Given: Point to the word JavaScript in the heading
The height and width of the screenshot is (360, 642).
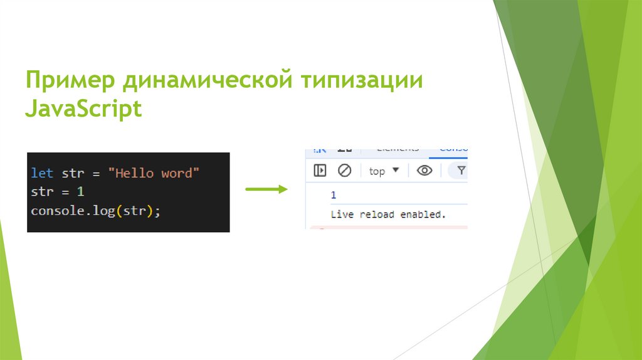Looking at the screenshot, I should (83, 109).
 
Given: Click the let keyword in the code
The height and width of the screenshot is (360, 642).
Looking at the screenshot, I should (42, 173).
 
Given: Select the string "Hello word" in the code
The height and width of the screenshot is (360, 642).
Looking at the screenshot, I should (153, 173).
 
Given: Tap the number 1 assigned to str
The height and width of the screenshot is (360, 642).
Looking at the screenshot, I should (80, 192).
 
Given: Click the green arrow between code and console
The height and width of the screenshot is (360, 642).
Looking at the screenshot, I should (266, 188).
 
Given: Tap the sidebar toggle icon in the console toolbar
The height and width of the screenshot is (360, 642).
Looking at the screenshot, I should (320, 171).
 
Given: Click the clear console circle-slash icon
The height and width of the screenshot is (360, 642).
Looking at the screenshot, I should (345, 171).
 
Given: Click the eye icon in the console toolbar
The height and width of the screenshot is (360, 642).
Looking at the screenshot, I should (424, 171).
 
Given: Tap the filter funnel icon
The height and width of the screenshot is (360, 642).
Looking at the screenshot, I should (461, 171).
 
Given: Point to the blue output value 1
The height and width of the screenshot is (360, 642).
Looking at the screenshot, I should (334, 195).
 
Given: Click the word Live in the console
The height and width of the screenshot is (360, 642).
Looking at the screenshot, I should (342, 214).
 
